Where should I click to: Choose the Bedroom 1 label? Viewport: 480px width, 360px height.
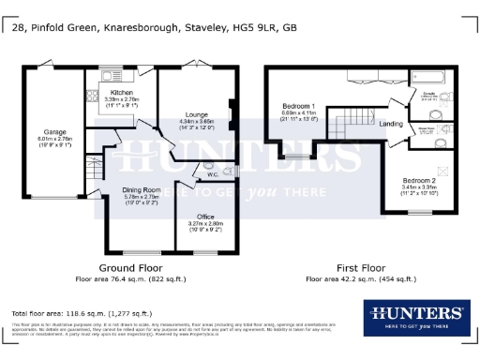[x=300, y=106]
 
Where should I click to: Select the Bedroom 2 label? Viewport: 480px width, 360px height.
[x=419, y=180]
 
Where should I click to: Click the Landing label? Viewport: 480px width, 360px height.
[x=391, y=124]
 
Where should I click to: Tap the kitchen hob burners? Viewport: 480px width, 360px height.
[x=93, y=94]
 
